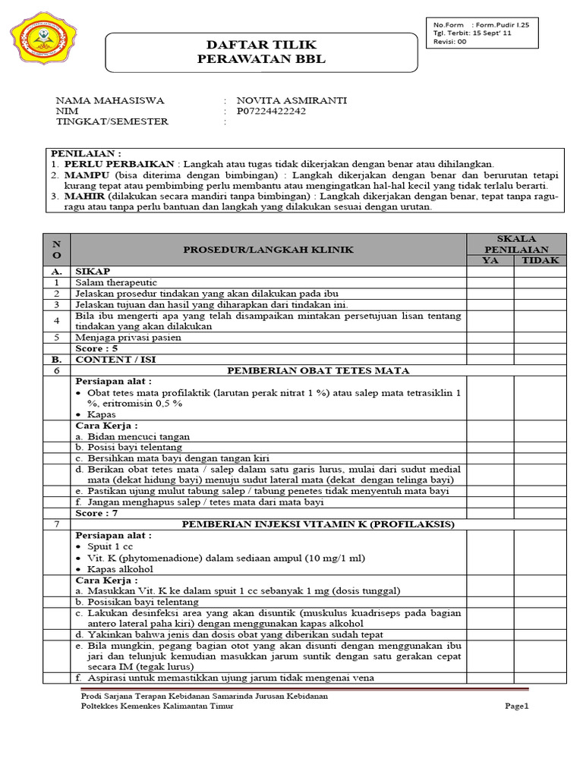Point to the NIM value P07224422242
pos(273,111)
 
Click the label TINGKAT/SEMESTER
pos(112,121)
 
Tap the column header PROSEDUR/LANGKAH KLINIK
pos(267,250)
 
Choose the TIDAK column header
pos(540,260)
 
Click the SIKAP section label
pos(92,271)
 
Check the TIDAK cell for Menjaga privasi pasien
pos(540,337)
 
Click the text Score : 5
pos(96,348)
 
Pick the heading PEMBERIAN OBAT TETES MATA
pos(318,370)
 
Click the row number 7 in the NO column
pos(55,524)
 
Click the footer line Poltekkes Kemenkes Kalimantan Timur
pos(158,706)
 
